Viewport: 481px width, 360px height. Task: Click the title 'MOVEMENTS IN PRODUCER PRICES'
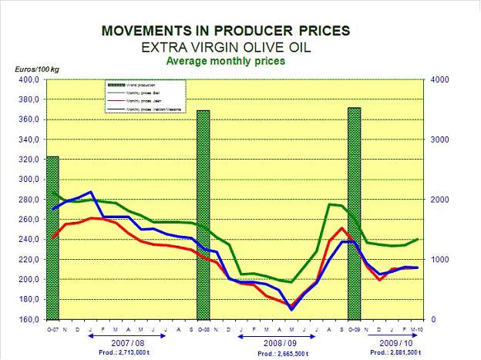click(x=225, y=31)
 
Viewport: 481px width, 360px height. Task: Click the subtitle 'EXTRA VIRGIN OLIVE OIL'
click(x=225, y=46)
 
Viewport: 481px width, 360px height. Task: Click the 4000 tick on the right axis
click(x=439, y=79)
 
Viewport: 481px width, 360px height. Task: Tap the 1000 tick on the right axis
click(x=439, y=259)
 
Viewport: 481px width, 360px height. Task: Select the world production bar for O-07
click(x=52, y=237)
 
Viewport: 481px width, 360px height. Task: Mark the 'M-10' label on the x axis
click(x=418, y=328)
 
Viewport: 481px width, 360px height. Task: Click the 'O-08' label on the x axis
click(x=203, y=328)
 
